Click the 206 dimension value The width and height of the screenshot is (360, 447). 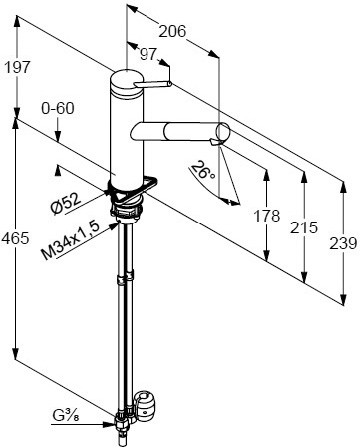pos(172,32)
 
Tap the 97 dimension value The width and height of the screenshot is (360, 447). pos(148,54)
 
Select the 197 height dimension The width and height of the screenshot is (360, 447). pos(17,67)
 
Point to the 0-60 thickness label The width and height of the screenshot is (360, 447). pos(58,108)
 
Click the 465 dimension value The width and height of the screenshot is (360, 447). pos(15,238)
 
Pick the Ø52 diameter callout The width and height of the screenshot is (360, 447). pos(66,203)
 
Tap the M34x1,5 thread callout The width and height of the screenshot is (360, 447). pos(71,241)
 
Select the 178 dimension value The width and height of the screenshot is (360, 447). pos(267,216)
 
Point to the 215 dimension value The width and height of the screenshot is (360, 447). pos(304,227)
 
